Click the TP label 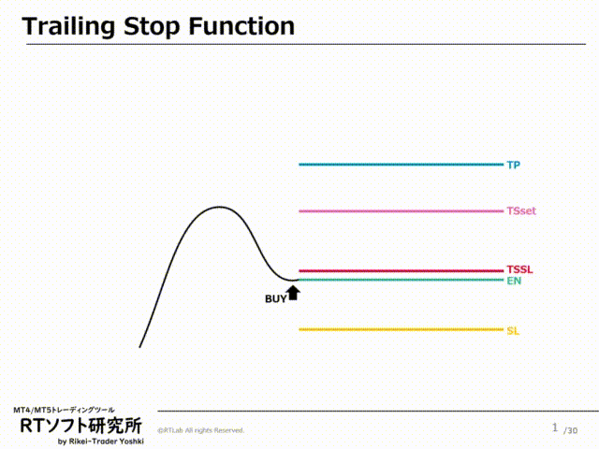click(513, 165)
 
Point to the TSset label click(520, 211)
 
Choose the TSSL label click(519, 269)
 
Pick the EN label click(513, 281)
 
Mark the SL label click(512, 330)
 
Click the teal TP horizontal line click(401, 165)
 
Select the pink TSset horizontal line click(401, 211)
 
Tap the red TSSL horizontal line click(401, 271)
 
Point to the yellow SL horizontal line click(401, 329)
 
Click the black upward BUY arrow click(293, 293)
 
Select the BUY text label click(275, 299)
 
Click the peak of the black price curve click(220, 208)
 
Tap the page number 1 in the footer click(554, 427)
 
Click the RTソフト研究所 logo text click(80, 426)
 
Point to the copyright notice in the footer click(200, 430)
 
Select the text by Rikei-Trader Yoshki click(100, 442)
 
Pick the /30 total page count click(571, 429)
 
